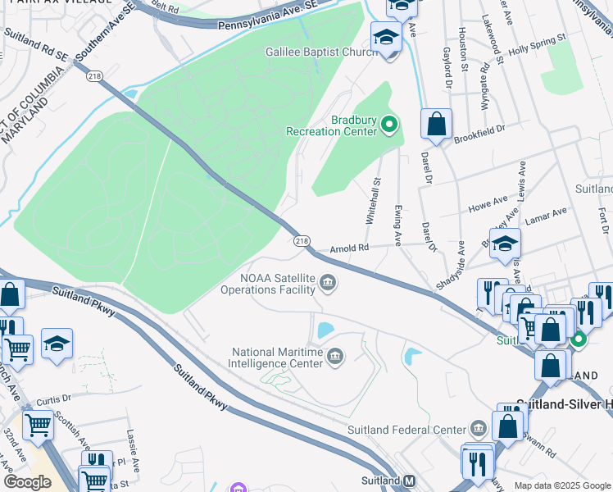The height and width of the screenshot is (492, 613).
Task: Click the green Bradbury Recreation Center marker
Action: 389,125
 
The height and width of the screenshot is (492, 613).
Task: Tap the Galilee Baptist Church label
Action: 320,51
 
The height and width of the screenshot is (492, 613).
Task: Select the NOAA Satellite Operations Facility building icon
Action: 328,284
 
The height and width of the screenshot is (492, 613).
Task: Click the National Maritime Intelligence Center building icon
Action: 335,356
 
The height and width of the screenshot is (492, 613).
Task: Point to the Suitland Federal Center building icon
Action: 478,429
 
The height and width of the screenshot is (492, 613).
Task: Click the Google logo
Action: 27,482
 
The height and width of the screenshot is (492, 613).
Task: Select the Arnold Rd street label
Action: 350,248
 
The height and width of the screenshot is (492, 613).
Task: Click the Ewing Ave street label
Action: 398,225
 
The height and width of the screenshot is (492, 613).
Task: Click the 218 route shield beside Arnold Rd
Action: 302,240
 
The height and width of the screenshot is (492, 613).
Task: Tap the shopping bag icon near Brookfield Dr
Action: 437,125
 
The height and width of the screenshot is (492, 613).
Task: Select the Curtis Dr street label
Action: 54,399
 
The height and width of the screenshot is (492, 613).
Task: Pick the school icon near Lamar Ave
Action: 506,243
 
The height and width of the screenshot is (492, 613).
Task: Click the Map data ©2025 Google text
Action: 561,485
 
